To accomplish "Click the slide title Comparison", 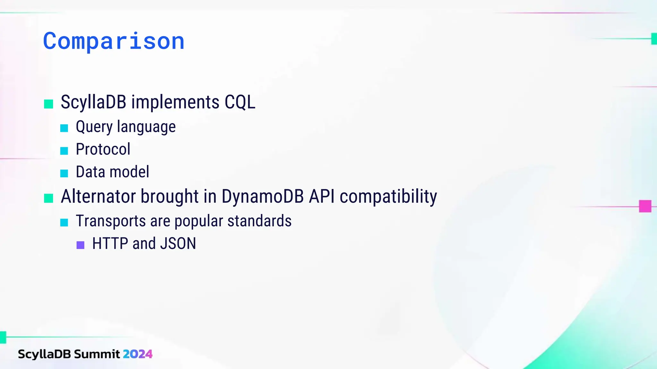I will coord(114,42).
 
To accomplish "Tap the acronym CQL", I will coord(240,102).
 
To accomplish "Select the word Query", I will coord(94,127).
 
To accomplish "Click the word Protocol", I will coord(103,149).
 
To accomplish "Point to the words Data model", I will coord(112,172).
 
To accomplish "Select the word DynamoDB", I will coord(262,196).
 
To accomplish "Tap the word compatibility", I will coord(388,196).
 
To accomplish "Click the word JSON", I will coord(178,243).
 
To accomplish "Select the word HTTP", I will coord(110,243).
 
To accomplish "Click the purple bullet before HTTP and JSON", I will coord(81,245).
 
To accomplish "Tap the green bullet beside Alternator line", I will coord(48,198).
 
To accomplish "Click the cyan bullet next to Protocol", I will coord(64,151).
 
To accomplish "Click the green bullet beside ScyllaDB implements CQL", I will coord(48,104).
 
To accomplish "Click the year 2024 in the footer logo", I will coord(138,354).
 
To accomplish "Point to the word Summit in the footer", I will coord(97,354).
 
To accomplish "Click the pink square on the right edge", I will coord(645,206).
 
